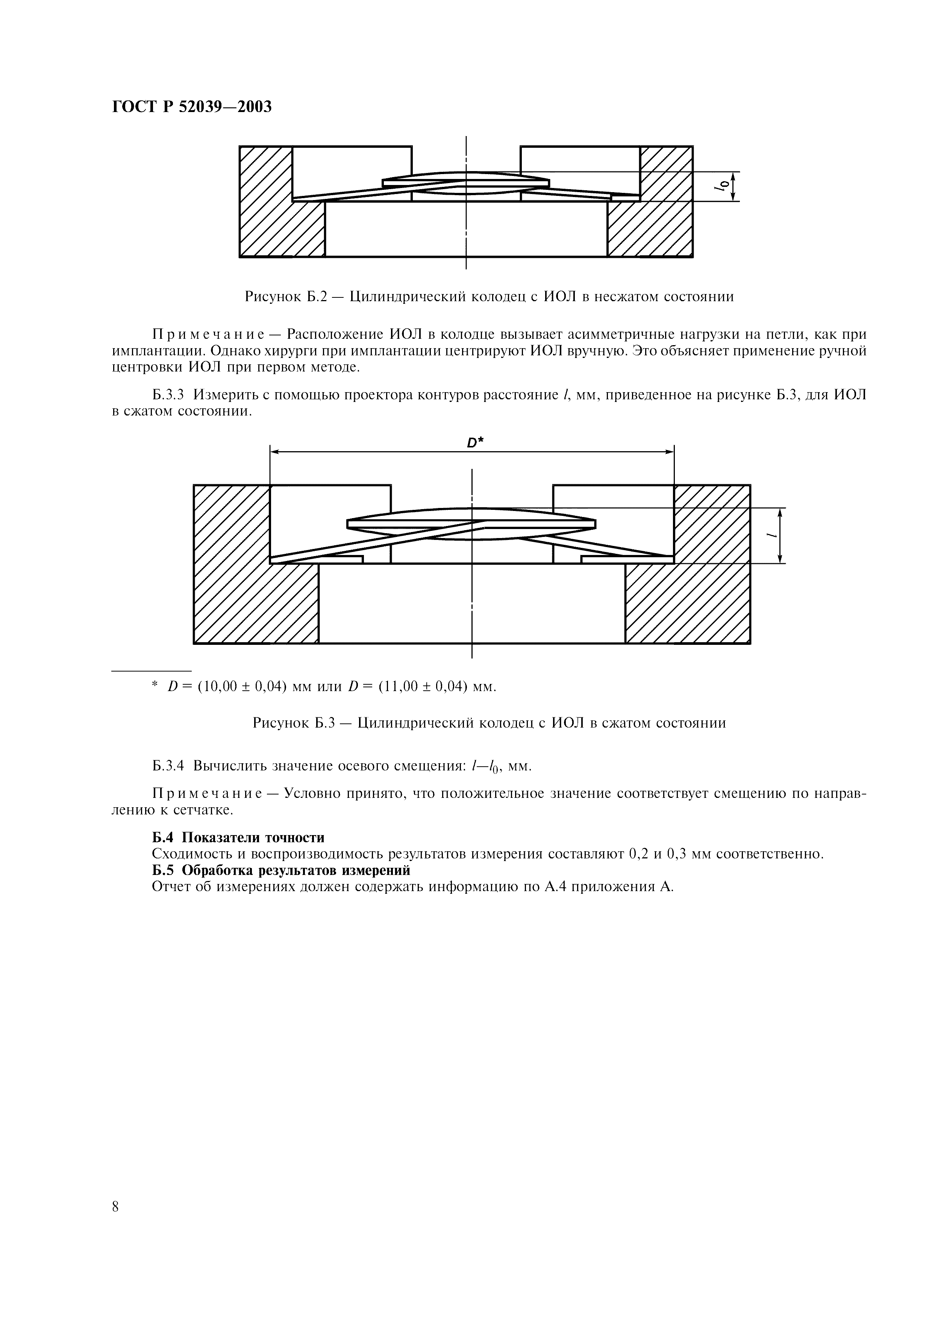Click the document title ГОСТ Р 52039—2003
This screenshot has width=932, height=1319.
pos(191,107)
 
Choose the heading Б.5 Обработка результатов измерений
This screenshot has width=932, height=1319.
pos(281,870)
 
